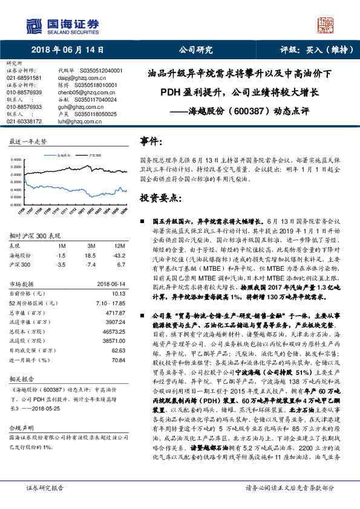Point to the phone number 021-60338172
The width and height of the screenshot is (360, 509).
coord(24,122)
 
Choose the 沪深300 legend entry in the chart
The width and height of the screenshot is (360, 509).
coord(95,155)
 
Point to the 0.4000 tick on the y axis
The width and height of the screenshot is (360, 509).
coord(16,160)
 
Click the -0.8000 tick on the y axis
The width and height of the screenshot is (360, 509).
coord(16,204)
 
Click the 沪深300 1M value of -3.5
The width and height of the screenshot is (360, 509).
coord(61,265)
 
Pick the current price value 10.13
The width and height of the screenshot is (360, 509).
coord(117,293)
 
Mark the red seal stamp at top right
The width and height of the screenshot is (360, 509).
coord(326,25)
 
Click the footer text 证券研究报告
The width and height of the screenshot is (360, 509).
coord(45,504)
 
